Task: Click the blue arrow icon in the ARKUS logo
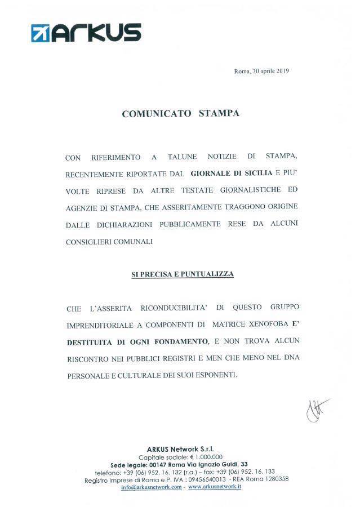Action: (41, 33)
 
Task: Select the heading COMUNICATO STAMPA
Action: (180, 113)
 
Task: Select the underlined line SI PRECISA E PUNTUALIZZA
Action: (182, 274)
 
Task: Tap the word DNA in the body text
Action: (290, 357)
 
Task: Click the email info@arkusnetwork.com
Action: (151, 487)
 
